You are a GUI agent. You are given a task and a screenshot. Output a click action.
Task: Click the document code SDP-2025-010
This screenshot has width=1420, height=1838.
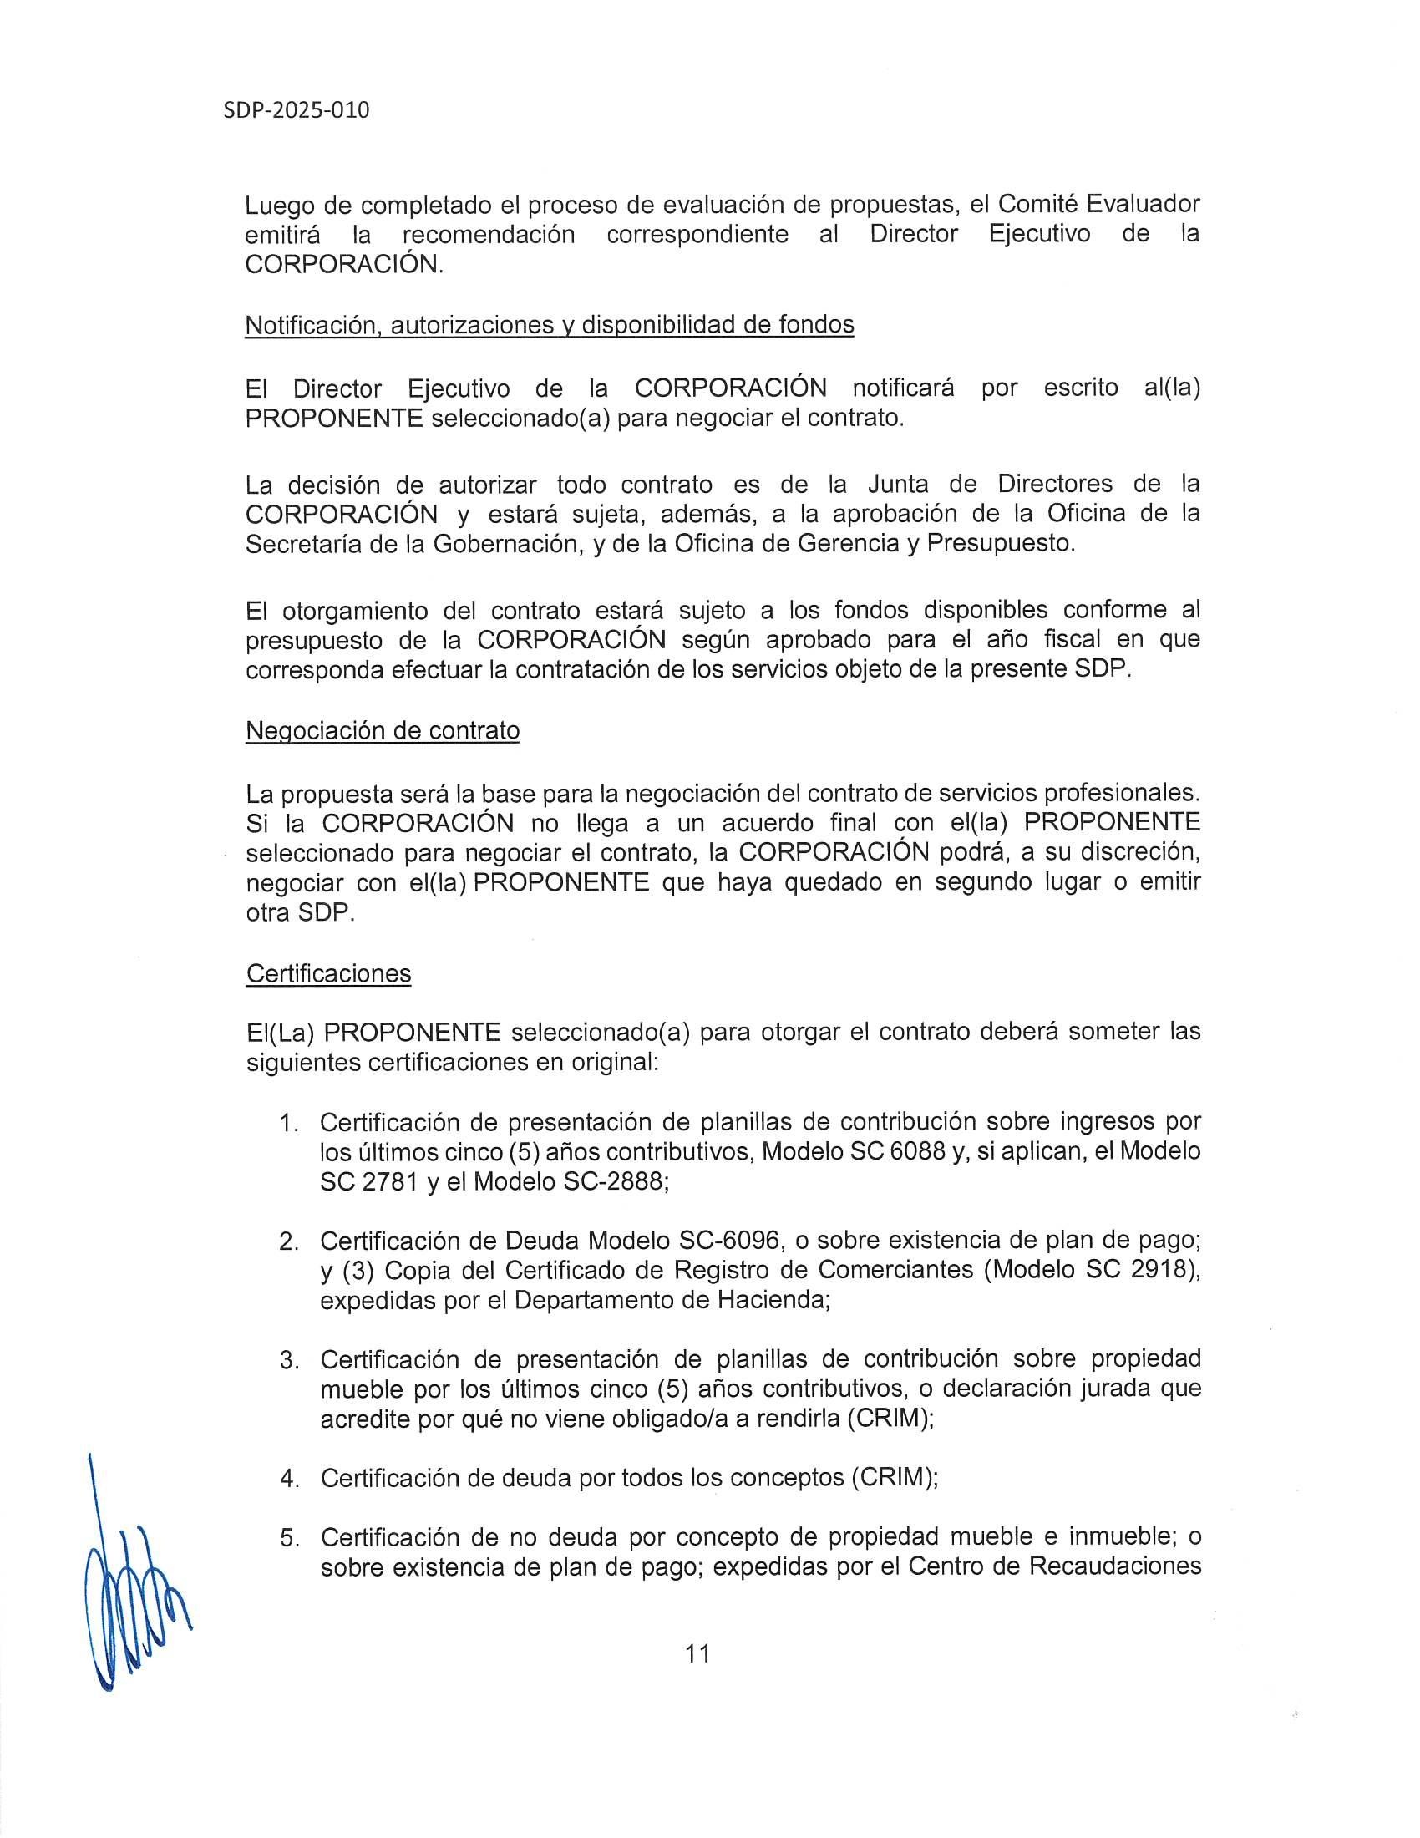click(x=297, y=110)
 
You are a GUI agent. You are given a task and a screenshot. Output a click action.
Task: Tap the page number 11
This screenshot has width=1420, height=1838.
click(x=698, y=1653)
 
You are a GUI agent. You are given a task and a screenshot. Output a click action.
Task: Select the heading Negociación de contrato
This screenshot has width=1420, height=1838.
click(x=383, y=729)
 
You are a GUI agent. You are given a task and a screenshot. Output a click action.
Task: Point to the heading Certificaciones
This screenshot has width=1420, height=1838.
click(x=328, y=972)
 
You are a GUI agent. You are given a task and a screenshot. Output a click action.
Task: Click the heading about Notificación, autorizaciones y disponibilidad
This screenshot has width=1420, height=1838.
click(x=550, y=324)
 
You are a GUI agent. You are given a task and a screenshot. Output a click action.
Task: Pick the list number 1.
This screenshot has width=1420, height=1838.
click(x=288, y=1123)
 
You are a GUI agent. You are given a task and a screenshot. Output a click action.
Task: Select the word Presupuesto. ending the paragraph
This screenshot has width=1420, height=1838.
click(x=1001, y=544)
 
